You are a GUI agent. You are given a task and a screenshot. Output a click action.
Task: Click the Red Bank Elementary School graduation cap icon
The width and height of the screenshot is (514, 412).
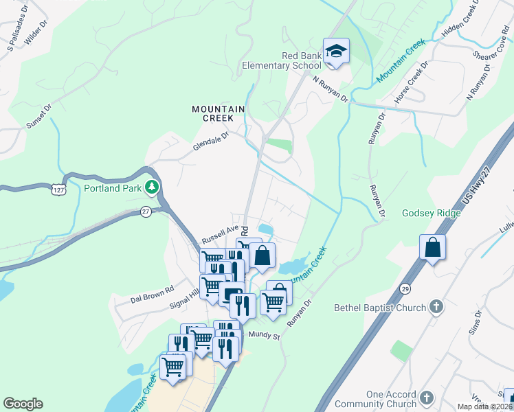336,51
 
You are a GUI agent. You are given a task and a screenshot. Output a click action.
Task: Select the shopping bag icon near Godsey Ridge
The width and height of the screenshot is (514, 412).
432,248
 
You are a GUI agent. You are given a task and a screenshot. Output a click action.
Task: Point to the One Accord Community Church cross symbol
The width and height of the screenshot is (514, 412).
426,398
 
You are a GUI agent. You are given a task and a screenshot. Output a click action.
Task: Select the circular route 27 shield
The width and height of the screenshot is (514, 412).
146,211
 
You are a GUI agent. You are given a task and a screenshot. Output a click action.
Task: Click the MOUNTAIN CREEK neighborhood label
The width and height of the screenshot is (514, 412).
219,113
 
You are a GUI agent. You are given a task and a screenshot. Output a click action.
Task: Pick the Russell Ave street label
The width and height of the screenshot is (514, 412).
219,235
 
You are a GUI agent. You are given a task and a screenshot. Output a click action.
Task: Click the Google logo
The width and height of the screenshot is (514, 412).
23,404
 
